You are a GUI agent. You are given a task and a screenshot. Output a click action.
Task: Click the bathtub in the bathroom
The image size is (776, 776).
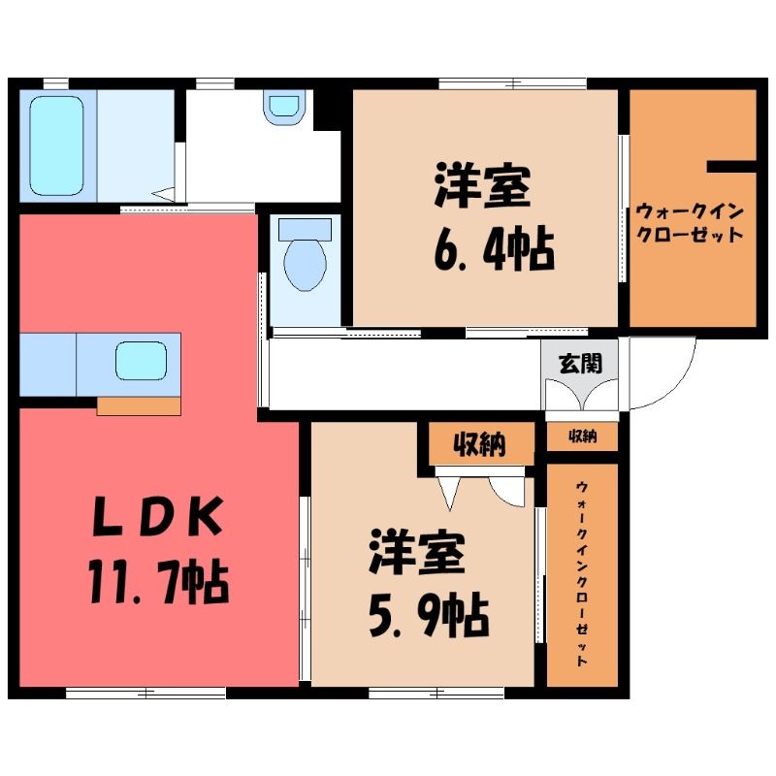click(56, 145)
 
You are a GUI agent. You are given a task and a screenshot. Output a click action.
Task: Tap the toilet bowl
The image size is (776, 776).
click(306, 265)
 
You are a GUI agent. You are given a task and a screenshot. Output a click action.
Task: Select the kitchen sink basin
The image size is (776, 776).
click(141, 361)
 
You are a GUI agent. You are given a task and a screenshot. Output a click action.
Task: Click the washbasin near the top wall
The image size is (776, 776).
click(284, 106)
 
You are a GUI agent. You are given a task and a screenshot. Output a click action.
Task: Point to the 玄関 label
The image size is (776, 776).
click(580, 364)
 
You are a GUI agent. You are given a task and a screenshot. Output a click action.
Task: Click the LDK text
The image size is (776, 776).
click(157, 518)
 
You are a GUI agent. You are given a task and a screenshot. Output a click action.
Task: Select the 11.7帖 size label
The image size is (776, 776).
click(158, 583)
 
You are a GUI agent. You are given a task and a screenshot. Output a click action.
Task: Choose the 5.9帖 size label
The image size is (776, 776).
click(429, 616)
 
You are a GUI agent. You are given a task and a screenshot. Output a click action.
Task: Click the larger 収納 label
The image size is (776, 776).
click(479, 444)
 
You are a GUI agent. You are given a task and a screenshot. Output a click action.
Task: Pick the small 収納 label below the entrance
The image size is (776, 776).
click(583, 436)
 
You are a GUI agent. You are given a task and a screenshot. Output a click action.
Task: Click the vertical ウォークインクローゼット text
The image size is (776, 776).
click(583, 573)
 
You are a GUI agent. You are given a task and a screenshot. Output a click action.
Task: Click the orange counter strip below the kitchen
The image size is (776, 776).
click(139, 406)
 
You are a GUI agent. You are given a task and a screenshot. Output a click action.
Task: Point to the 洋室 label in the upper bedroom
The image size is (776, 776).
click(482, 186)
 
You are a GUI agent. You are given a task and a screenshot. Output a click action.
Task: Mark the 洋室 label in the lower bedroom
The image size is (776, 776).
click(417, 553)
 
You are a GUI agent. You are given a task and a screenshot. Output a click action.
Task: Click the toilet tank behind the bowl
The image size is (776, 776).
click(305, 230)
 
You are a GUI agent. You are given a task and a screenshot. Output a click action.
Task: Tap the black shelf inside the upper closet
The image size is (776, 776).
click(731, 166)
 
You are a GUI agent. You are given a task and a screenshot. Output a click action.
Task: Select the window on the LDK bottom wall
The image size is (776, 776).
click(146, 693)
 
